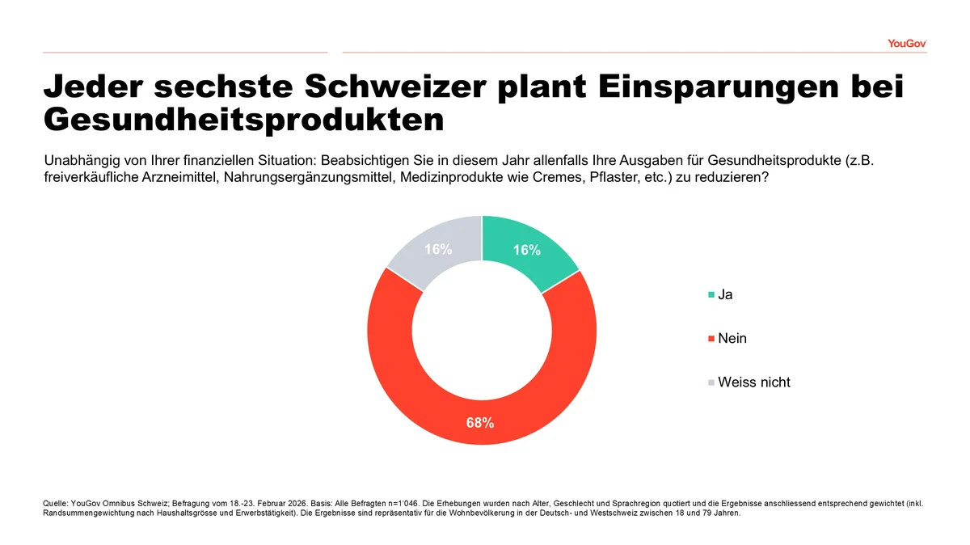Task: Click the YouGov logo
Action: pyautogui.click(x=906, y=43)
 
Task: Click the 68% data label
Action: pyautogui.click(x=480, y=422)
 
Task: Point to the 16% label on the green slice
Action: pyautogui.click(x=526, y=251)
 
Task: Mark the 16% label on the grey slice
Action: pyautogui.click(x=438, y=250)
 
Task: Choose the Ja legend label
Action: pyautogui.click(x=725, y=295)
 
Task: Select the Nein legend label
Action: pyautogui.click(x=732, y=339)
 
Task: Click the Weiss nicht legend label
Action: pyautogui.click(x=754, y=382)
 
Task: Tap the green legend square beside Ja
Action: pyautogui.click(x=711, y=295)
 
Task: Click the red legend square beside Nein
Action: pyautogui.click(x=711, y=339)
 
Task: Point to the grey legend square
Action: pyautogui.click(x=711, y=382)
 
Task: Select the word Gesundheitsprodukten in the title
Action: pyautogui.click(x=243, y=120)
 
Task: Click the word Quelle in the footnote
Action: pyautogui.click(x=55, y=503)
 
